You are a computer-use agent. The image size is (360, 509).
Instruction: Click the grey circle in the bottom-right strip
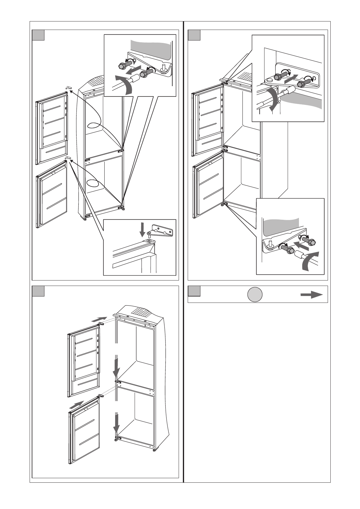click(255, 294)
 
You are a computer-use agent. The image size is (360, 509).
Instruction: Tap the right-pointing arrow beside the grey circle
click(312, 295)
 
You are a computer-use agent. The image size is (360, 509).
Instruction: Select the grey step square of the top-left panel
click(39, 35)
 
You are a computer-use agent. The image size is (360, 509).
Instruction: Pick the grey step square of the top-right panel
click(194, 35)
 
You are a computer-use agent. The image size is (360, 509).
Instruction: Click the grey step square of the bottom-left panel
click(39, 291)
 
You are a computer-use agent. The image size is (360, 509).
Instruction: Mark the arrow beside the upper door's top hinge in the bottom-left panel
click(99, 319)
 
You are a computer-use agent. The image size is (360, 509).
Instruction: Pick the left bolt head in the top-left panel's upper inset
click(122, 66)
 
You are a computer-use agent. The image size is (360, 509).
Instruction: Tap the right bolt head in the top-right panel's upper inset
click(302, 84)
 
